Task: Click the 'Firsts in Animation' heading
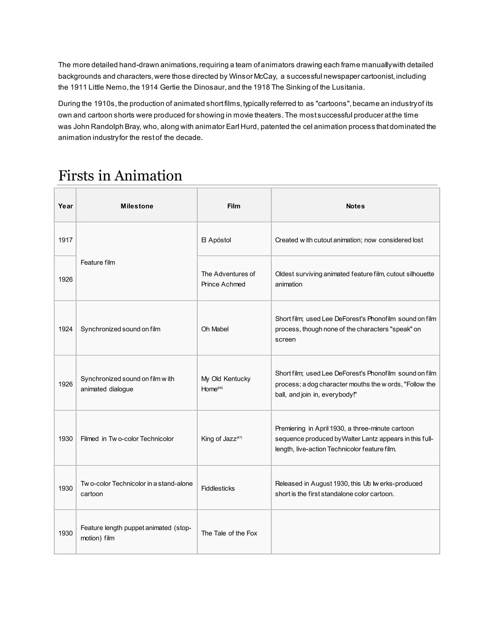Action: click(120, 176)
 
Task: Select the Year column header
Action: click(65, 206)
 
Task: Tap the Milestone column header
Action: click(137, 206)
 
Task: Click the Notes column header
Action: click(355, 206)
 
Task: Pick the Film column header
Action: click(234, 206)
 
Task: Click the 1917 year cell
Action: click(65, 240)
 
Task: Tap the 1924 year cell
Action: click(65, 329)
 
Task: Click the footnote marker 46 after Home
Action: click(220, 388)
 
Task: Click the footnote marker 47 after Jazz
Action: click(239, 437)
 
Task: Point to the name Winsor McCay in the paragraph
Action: click(253, 76)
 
